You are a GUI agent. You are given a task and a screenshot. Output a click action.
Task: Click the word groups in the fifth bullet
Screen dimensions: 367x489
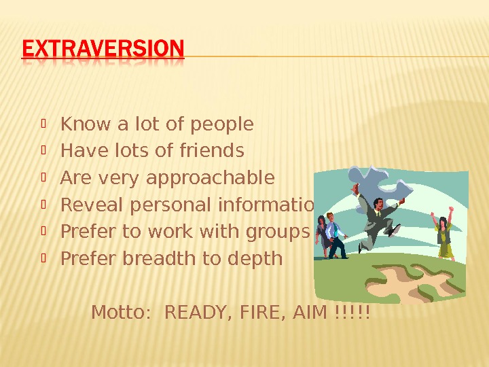tap(281, 232)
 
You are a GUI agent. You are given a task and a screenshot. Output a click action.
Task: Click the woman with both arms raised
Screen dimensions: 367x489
tap(444, 234)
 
